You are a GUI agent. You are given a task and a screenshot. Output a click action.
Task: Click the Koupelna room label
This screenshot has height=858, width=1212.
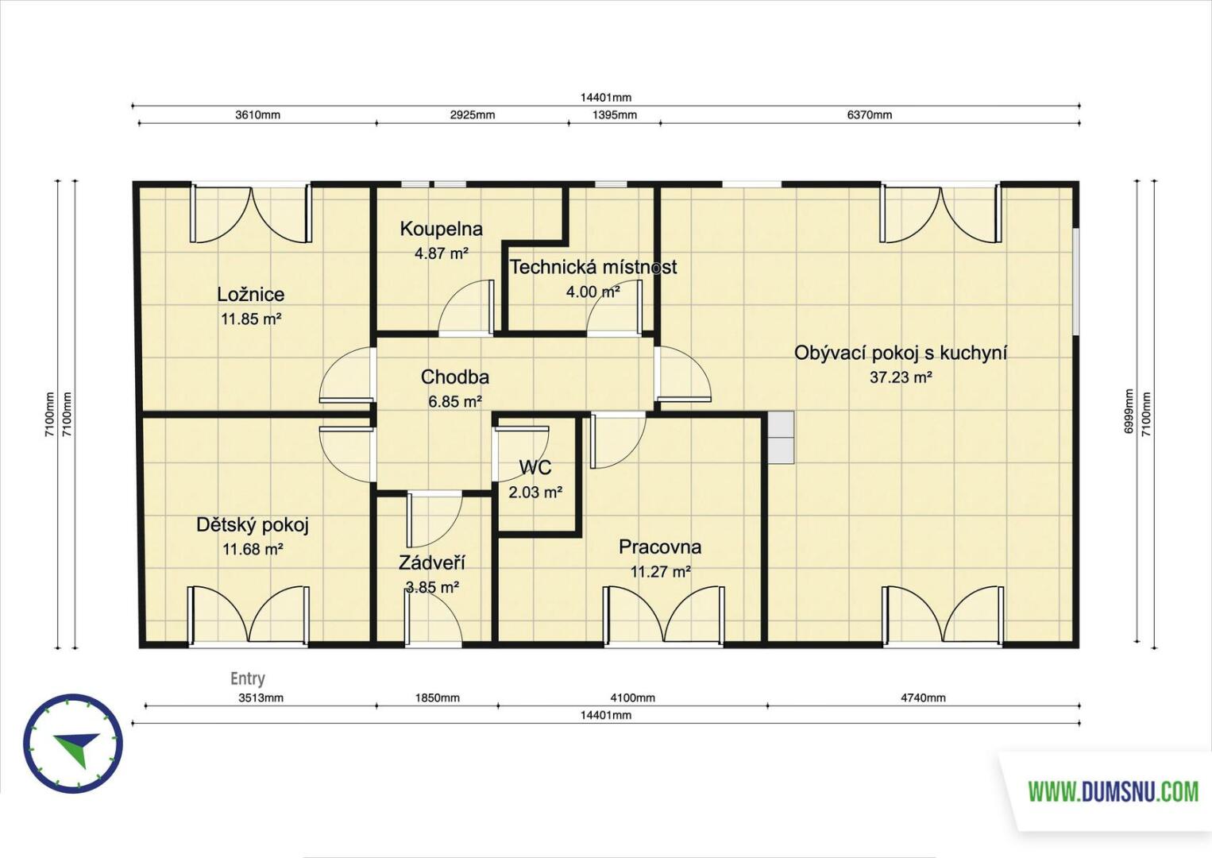441,229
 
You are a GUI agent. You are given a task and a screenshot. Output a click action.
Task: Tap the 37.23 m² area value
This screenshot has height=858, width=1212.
901,377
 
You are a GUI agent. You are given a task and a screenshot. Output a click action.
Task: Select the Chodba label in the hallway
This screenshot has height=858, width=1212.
455,377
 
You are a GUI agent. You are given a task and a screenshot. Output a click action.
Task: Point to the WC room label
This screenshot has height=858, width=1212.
535,467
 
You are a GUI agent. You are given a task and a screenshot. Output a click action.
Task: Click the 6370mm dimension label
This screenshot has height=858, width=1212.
870,114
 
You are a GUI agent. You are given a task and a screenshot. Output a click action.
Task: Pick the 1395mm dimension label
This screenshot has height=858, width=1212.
615,114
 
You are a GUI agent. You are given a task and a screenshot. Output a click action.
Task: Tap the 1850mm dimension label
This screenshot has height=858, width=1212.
437,698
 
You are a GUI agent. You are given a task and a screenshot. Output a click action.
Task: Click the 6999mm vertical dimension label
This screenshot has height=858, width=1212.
1129,411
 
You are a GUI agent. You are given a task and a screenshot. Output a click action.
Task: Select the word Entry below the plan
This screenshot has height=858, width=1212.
248,678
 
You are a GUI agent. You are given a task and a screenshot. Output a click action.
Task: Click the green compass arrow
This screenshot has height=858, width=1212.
79,747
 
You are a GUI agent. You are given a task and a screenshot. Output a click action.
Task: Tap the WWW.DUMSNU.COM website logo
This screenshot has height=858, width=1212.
1114,792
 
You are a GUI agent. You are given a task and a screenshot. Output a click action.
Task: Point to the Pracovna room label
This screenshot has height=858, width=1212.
660,547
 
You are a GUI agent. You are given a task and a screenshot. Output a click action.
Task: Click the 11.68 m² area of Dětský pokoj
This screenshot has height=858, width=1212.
253,550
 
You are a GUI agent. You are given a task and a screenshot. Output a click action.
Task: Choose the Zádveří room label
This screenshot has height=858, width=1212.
432,563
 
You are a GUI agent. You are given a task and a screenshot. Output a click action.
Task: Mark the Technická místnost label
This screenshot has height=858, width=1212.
593,267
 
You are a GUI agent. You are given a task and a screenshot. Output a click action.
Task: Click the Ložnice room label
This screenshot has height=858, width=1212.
250,294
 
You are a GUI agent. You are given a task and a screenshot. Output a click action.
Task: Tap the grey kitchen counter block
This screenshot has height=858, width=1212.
781,437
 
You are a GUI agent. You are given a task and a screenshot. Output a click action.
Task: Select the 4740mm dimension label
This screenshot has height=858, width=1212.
923,698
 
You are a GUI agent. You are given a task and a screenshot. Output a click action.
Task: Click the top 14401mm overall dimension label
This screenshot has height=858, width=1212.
606,98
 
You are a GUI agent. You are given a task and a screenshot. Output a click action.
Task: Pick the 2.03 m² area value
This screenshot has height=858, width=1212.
535,493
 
